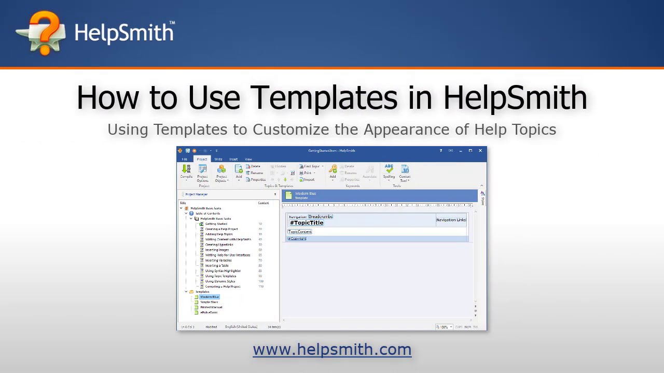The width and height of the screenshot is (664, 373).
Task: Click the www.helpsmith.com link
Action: click(x=332, y=350)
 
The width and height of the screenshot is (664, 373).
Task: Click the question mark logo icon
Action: click(x=42, y=33)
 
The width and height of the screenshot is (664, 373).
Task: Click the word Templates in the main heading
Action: click(x=324, y=98)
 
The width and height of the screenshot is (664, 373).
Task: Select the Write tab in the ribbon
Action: click(x=218, y=159)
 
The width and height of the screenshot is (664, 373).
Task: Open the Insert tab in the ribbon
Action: click(x=233, y=159)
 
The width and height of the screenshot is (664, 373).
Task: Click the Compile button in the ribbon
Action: click(x=186, y=171)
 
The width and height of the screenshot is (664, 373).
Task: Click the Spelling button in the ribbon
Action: click(x=389, y=171)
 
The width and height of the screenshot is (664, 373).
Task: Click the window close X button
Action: click(x=480, y=151)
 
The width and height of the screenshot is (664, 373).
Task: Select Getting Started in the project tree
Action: click(x=216, y=224)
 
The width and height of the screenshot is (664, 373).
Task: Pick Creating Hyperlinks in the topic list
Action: click(x=219, y=245)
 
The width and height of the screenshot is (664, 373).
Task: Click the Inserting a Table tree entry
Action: click(x=217, y=265)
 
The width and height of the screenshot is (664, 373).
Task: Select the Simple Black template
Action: click(x=209, y=302)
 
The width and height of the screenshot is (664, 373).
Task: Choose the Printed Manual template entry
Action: click(x=211, y=307)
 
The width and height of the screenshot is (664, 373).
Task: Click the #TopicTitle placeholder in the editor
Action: click(x=307, y=223)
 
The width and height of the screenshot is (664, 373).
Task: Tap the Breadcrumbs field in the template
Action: click(x=321, y=217)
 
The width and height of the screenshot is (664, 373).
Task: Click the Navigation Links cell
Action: click(x=451, y=220)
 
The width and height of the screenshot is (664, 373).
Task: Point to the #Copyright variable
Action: click(x=298, y=239)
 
